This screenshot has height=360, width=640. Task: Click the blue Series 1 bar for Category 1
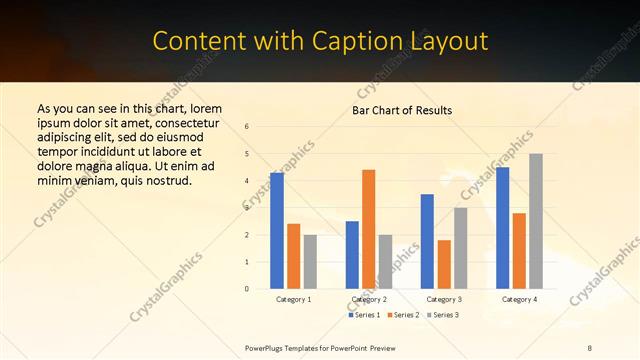point(277,231)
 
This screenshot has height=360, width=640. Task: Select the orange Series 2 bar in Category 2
point(368,229)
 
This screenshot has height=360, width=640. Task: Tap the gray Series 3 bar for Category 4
point(536,221)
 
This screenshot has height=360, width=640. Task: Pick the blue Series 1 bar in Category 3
point(427,241)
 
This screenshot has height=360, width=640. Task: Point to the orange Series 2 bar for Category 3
point(444,264)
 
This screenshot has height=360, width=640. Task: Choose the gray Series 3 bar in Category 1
point(310,262)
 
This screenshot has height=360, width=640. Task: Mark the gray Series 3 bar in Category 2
point(385,262)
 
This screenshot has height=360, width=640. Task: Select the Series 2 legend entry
point(404,315)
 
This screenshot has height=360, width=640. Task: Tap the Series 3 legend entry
point(443,315)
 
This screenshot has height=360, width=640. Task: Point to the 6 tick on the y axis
point(247,126)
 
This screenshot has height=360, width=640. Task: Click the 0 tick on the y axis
point(247,289)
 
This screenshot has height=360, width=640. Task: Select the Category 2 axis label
point(369,299)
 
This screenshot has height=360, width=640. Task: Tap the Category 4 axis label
point(519,299)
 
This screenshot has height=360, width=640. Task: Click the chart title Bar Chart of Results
point(402,110)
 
